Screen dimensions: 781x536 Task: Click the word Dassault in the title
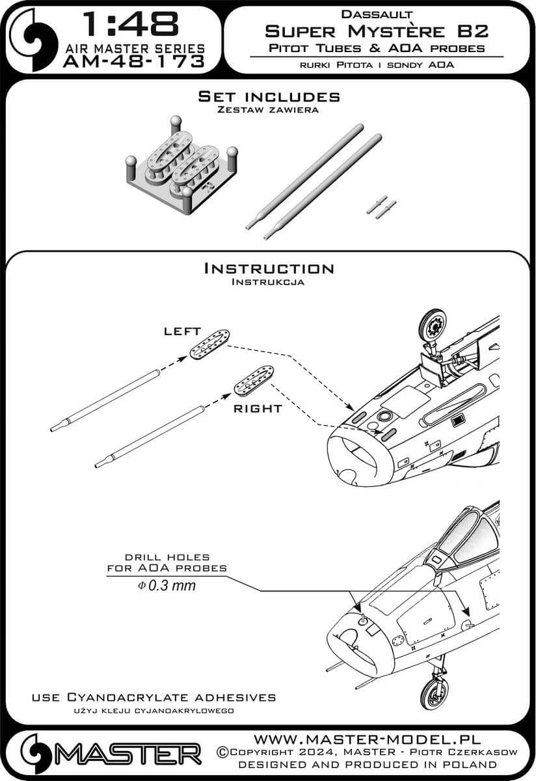click(x=376, y=12)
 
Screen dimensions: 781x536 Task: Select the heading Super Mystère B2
click(x=376, y=29)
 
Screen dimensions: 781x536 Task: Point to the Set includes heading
click(x=268, y=96)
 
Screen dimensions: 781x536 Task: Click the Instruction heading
click(x=268, y=268)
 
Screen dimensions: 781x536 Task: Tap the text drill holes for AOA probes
click(x=167, y=562)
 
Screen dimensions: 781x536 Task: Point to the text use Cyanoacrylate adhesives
click(x=154, y=697)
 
